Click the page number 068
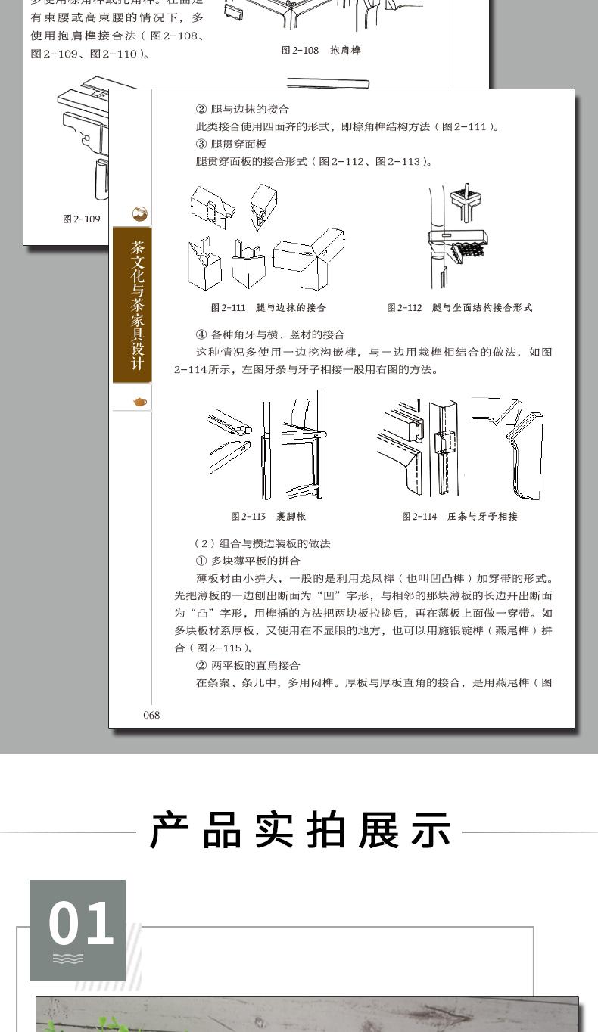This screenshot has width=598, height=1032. coord(151,715)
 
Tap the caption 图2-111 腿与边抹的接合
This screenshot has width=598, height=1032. coord(268,308)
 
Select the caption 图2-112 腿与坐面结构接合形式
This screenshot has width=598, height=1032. coord(459,308)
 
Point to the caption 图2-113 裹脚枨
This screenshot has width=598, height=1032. coord(268,517)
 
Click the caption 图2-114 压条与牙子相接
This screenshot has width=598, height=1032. coord(459,517)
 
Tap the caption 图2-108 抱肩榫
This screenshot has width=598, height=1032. coord(321,50)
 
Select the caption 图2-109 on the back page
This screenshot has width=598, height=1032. coord(82,219)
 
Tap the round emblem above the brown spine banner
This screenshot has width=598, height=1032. coord(140,214)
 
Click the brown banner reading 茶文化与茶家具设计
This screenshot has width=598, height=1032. coord(132,305)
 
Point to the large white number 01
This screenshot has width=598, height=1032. coord(81,923)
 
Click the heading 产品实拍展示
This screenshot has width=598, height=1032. coord(301,831)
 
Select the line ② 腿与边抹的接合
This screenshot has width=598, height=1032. coord(242,109)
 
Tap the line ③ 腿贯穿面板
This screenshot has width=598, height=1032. coord(231,145)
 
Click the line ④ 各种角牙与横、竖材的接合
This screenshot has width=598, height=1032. coord(270,334)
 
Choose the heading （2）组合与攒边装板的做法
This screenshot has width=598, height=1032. coord(262,544)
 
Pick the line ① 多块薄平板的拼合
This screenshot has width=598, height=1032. coord(248,561)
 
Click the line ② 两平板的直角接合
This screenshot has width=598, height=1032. coord(248,665)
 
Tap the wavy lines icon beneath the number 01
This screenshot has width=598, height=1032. coord(68,959)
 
